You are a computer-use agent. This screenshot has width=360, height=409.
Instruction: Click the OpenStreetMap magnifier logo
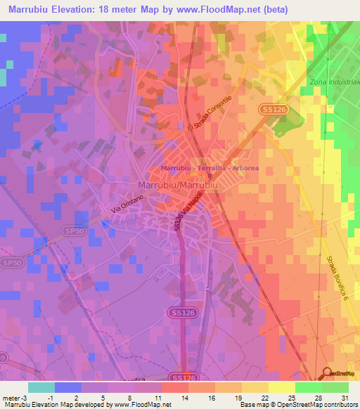pyautogui.click(x=327, y=374)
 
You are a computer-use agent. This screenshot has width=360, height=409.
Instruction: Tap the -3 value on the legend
pyautogui.click(x=25, y=398)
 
